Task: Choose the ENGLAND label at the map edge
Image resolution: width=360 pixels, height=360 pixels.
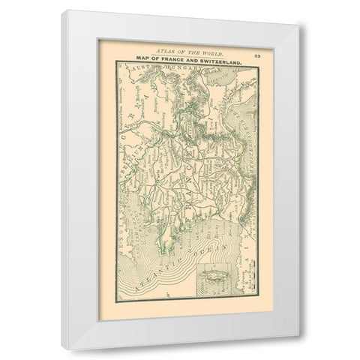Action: click(122, 202)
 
